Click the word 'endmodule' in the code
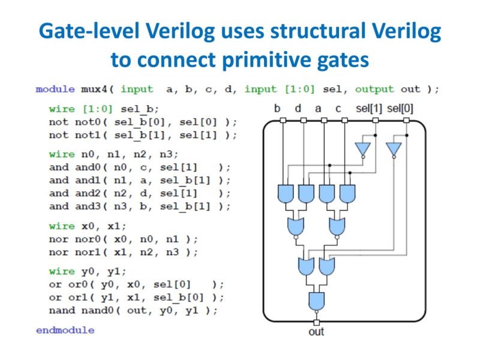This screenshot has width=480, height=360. click(x=65, y=330)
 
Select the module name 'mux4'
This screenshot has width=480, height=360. click(x=95, y=89)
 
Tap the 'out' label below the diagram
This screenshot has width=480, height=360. click(x=316, y=331)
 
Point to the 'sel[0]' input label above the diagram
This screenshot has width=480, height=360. click(x=400, y=109)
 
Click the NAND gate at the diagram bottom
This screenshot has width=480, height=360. click(x=316, y=299)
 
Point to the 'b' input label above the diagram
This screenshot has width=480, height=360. click(x=277, y=109)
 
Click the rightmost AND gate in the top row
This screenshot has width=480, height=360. click(x=347, y=193)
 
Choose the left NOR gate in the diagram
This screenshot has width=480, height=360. click(x=295, y=227)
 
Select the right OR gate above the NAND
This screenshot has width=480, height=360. click(x=327, y=265)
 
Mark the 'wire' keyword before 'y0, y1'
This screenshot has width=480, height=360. click(x=62, y=271)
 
